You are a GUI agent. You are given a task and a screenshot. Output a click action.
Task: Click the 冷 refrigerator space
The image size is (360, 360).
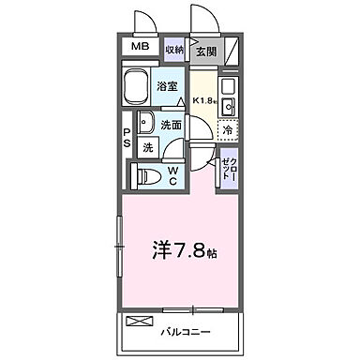pos(229,130)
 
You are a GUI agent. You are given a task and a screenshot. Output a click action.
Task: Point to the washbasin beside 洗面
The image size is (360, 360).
pos(145,122)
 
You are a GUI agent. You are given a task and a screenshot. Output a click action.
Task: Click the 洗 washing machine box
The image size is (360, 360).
pos(147,147)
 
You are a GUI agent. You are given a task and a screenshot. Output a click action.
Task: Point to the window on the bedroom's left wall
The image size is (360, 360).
pos(119,245)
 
